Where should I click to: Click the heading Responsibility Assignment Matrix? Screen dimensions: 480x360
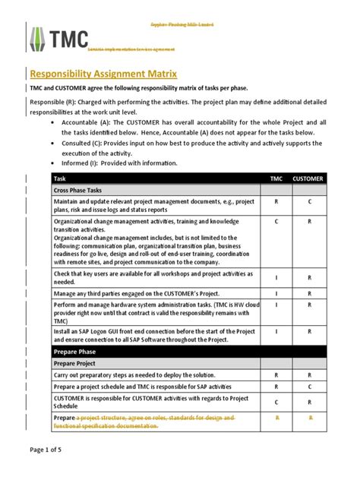pyautogui.click(x=103, y=74)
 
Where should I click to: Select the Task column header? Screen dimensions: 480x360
pyautogui.click(x=61, y=178)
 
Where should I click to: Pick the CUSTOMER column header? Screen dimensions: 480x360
pyautogui.click(x=309, y=178)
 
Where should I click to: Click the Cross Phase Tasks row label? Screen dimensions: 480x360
pyautogui.click(x=83, y=190)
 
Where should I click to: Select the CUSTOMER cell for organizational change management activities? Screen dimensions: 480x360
pyautogui.click(x=309, y=221)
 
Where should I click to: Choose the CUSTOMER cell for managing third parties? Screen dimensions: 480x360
pyautogui.click(x=309, y=293)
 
